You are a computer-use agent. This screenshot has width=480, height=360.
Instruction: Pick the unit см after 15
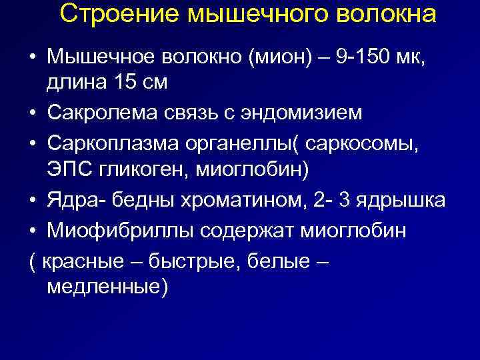point(153,83)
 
